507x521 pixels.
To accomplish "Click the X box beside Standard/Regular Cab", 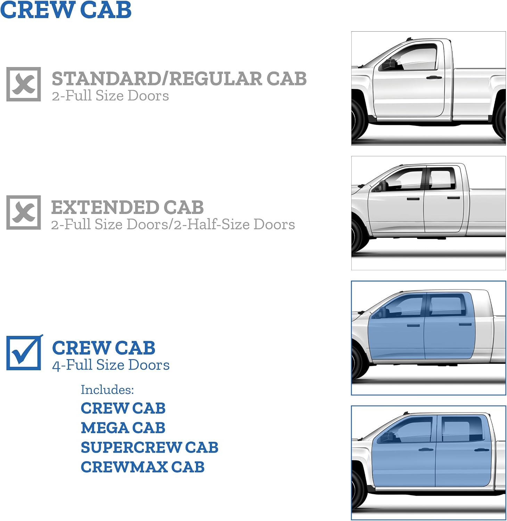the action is [x=24, y=84].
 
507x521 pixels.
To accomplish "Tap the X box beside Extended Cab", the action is [x=24, y=213].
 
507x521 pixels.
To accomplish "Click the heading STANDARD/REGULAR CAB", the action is [x=179, y=78].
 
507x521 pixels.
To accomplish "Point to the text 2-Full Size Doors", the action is [x=111, y=96].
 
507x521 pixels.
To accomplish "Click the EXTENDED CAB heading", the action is [x=128, y=207].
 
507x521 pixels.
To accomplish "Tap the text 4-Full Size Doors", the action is [x=111, y=365].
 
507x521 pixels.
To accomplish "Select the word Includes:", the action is [x=107, y=390].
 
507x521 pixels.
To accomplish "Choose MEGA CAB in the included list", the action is [x=123, y=428].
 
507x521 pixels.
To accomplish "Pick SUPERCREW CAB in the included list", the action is [x=149, y=448].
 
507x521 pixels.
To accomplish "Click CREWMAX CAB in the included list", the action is [x=142, y=467].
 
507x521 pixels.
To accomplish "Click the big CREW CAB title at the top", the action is [x=66, y=10].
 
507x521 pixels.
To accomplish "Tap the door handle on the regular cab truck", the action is [x=434, y=77].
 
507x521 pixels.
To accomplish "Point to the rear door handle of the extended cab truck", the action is [x=453, y=198].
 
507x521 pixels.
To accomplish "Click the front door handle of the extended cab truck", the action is [x=413, y=199].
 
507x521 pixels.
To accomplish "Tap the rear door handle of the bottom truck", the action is [x=482, y=450].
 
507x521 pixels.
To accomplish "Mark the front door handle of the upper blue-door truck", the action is [x=413, y=326].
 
